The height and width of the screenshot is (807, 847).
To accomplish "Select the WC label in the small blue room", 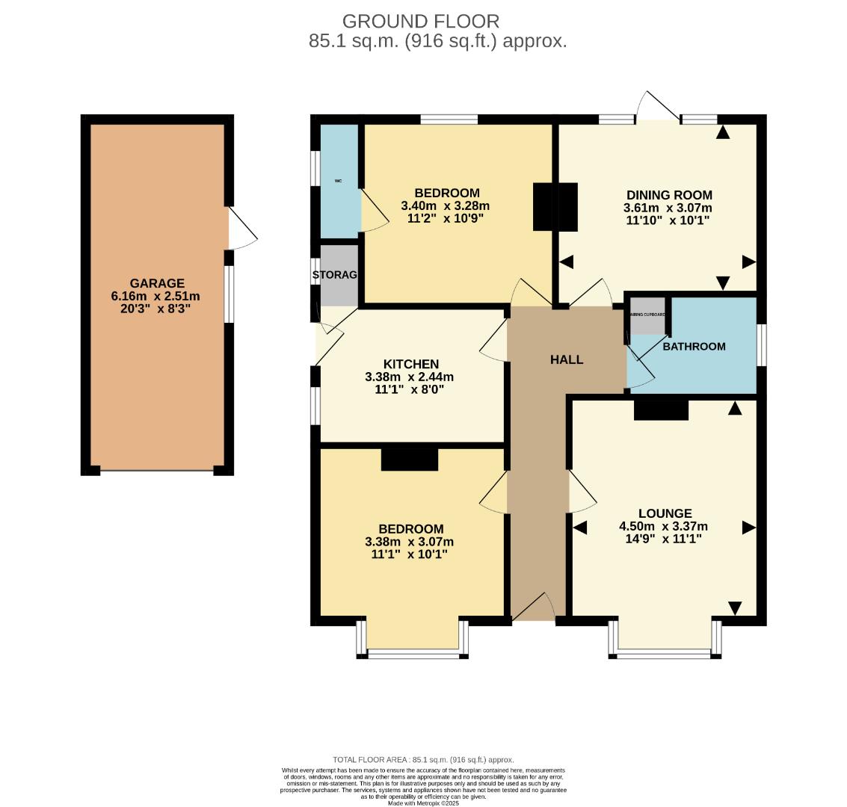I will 338,181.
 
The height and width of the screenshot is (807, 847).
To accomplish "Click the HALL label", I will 566,359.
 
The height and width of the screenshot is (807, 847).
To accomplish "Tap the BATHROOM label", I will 694,346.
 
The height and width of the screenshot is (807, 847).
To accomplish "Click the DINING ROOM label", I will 668,195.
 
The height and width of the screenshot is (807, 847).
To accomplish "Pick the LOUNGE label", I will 665,513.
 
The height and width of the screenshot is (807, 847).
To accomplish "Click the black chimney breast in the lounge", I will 661,410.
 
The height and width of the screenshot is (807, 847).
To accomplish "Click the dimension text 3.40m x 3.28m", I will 445,206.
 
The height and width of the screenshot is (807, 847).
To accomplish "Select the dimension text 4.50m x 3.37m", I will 663,526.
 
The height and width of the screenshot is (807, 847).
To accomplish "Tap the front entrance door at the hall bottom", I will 534,607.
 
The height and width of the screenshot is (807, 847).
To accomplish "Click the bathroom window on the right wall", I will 761,344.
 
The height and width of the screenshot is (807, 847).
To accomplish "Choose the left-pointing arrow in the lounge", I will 580,528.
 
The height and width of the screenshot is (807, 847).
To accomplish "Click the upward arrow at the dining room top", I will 722,133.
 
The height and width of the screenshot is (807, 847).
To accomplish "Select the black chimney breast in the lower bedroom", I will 409,459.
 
